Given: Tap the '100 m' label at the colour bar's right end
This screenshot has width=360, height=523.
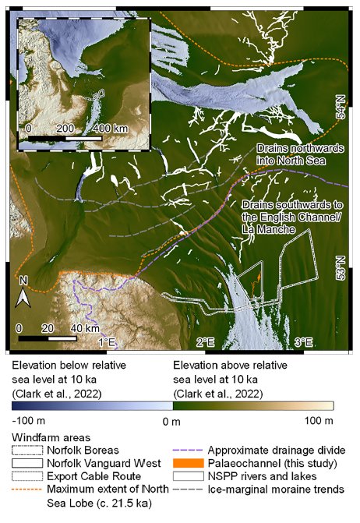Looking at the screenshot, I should (319, 422).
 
